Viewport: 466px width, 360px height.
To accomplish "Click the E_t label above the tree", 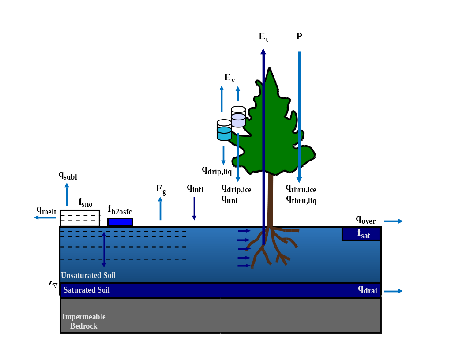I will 263,37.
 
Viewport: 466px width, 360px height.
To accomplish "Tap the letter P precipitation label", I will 299,36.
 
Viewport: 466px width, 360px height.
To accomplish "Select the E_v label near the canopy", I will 229,78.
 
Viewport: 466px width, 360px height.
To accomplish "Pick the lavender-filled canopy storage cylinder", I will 238,117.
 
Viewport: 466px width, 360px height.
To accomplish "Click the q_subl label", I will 68,175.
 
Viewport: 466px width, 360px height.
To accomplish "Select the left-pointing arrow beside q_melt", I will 45,217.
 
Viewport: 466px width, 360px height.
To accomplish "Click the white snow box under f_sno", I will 80,218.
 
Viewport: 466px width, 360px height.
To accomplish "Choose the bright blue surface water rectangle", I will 120,222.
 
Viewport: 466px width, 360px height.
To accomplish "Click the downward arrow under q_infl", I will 194,209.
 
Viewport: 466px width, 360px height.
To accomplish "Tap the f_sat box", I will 361,234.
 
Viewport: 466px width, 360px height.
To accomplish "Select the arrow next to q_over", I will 394,221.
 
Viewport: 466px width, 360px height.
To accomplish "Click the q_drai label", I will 367,290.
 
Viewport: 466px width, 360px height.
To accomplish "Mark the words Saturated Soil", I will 86,290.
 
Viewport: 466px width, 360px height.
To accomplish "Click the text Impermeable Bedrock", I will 84,322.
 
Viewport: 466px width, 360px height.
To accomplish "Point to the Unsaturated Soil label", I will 88,275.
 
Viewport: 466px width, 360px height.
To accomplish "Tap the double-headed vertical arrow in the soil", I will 104,249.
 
